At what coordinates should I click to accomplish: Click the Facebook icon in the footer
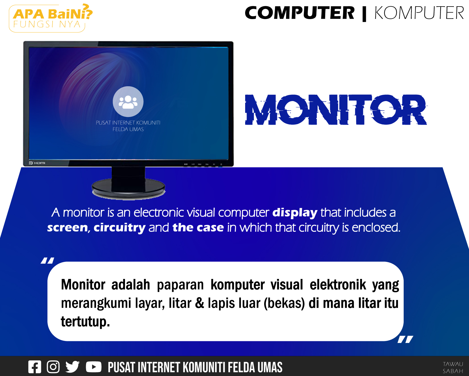35,367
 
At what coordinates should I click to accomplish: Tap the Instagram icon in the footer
53,367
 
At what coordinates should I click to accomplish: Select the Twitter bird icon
72,367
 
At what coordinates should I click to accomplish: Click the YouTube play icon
93,367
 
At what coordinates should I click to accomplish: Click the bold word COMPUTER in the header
300,13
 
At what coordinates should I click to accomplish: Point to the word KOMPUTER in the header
419,13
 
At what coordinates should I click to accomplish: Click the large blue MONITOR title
336,110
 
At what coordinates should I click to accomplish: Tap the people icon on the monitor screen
128,102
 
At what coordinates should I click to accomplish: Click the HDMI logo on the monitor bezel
37,163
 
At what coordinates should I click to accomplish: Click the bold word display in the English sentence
295,213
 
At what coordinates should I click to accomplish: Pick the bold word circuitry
120,228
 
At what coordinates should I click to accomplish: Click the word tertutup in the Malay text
85,322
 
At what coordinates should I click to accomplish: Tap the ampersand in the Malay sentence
200,303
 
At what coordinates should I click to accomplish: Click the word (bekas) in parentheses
284,303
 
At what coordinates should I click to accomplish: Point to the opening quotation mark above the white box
47,260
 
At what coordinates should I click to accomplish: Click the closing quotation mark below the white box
405,339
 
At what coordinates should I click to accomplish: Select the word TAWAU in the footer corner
453,364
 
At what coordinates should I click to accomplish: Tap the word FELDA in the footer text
242,367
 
